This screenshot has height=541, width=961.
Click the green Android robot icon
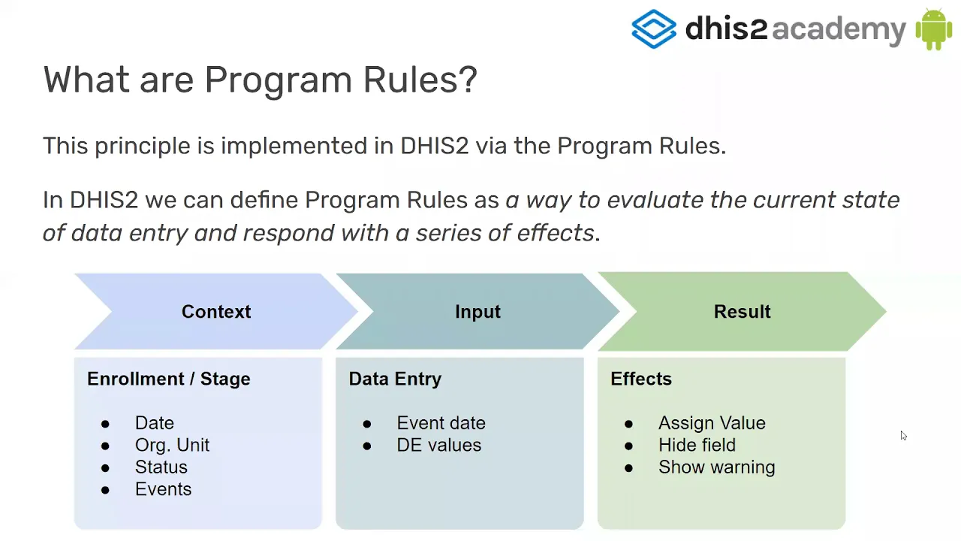click(x=934, y=29)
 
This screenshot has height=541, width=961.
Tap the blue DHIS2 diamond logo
click(x=654, y=29)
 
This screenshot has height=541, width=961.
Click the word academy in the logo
click(x=839, y=29)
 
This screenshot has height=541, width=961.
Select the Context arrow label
click(x=216, y=312)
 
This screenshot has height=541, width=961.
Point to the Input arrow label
click(x=477, y=312)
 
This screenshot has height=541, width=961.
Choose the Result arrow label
click(x=743, y=312)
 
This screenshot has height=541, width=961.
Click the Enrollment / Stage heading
click(x=169, y=379)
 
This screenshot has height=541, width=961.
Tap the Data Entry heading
click(x=395, y=379)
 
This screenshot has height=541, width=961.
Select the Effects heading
click(x=641, y=379)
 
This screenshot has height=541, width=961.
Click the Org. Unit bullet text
click(x=172, y=446)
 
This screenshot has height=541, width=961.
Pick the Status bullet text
click(x=161, y=467)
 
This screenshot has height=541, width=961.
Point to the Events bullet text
click(x=164, y=489)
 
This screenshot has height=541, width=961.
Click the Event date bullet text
click(x=441, y=423)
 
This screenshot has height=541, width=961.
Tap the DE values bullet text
click(x=439, y=446)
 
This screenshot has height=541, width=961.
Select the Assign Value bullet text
click(x=712, y=423)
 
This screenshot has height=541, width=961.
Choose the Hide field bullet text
click(x=697, y=446)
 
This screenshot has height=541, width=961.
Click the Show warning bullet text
click(x=717, y=467)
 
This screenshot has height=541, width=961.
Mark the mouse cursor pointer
click(x=903, y=436)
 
